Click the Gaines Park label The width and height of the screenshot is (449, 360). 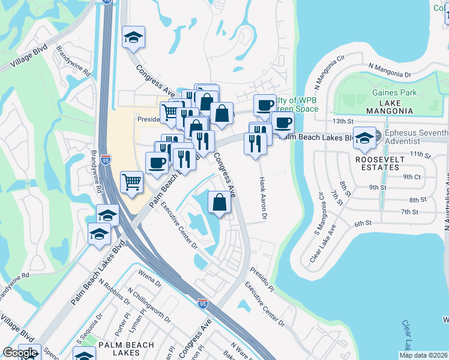394,93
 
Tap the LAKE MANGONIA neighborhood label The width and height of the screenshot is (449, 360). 394,107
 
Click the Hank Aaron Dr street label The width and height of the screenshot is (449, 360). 262,197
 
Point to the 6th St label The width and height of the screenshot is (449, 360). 364,223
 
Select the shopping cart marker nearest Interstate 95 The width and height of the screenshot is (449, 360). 131,181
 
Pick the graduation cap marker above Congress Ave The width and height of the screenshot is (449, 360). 134,37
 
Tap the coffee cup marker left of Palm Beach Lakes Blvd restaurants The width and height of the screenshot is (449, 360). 157,163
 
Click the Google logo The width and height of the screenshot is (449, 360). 20,353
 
